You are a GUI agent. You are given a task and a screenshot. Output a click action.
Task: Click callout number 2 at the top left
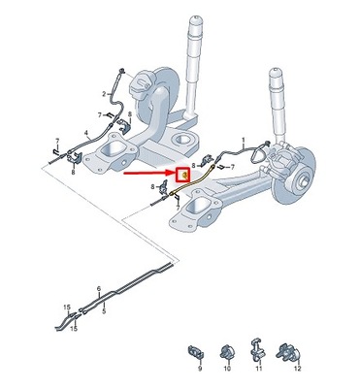[x=104, y=94]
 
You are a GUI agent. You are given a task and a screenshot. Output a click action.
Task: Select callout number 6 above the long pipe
[x=98, y=288]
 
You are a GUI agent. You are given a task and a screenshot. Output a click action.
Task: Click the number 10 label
[x=229, y=370]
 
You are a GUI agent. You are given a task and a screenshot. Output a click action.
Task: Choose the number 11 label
[x=259, y=370]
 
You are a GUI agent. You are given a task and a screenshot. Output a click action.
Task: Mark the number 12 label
[x=298, y=370]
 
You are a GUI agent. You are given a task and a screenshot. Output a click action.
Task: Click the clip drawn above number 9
[x=195, y=349]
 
